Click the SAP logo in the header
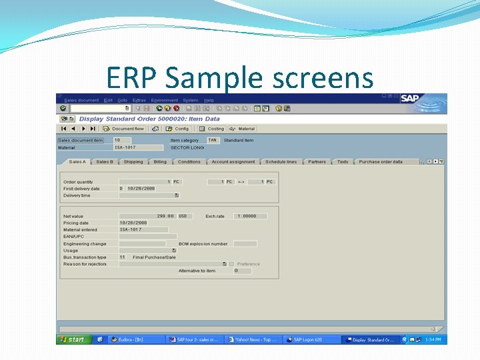[x=410, y=99]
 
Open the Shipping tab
[x=133, y=162]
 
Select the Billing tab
[x=160, y=162]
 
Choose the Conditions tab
[x=189, y=162]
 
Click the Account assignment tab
[x=233, y=162]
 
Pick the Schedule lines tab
[x=281, y=162]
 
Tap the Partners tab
[x=317, y=162]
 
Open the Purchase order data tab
[x=381, y=162]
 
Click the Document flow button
[x=124, y=129]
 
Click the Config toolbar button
[x=178, y=129]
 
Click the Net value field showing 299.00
[x=147, y=216]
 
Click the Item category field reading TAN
[x=212, y=141]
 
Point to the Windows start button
[x=73, y=339]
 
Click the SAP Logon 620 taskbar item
[x=311, y=339]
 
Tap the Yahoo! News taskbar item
[x=253, y=339]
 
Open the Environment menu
[x=164, y=100]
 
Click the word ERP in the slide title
[x=131, y=78]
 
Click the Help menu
[x=209, y=100]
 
